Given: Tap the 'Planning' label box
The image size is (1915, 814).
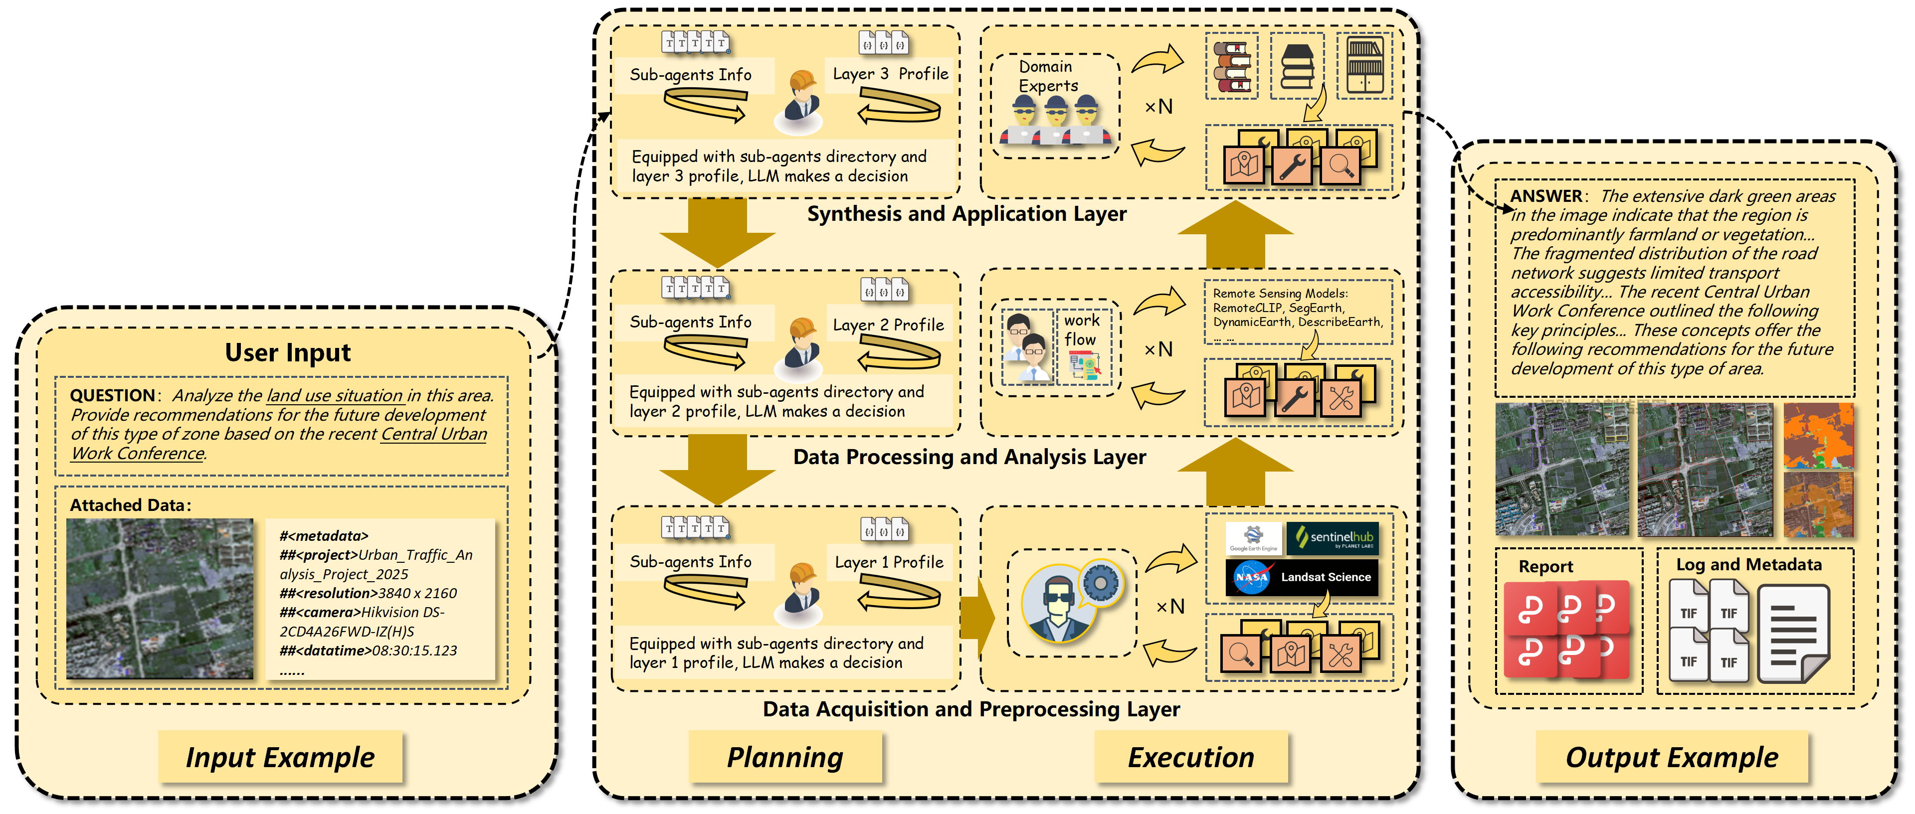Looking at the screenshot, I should click(x=784, y=757).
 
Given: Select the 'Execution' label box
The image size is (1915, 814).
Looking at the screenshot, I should click(x=1190, y=757).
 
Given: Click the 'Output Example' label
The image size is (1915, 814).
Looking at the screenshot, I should click(x=1671, y=757).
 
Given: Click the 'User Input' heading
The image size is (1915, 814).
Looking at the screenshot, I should click(x=288, y=351).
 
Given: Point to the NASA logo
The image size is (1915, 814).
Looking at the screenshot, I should click(x=1251, y=577).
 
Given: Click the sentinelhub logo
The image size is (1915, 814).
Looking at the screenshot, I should click(x=1333, y=537).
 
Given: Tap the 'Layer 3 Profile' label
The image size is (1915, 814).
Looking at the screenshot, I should click(x=890, y=74).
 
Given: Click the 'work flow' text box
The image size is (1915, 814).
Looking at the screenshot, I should click(x=1082, y=330).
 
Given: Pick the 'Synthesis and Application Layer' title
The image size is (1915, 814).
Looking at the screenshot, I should click(x=966, y=214).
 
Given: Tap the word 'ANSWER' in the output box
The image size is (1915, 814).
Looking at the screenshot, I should click(x=1545, y=195).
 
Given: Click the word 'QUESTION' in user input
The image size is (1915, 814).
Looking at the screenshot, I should click(x=112, y=395).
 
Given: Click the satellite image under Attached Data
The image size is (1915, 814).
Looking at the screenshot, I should click(x=159, y=599).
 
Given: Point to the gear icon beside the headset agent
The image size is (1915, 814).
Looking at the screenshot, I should click(x=1100, y=582).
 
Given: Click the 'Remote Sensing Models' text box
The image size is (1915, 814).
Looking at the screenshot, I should click(x=1297, y=312).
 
